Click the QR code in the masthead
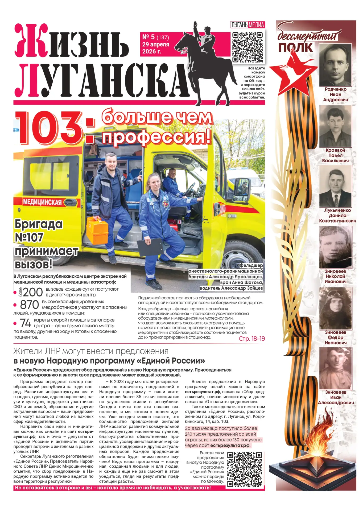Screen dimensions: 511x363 (247, 47)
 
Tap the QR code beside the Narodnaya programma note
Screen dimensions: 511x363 (245, 469)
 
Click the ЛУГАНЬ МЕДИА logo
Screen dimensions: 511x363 (247, 25)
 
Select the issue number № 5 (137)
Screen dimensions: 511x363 (155, 37)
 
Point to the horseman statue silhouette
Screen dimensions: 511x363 (205, 61)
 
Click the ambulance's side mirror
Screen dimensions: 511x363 (242, 189)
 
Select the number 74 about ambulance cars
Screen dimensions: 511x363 (26, 323)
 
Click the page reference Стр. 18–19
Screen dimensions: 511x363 (252, 339)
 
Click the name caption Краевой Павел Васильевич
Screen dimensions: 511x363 (335, 155)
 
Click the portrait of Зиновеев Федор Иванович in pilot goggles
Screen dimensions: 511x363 (335, 308)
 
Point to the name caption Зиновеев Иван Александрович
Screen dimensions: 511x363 (336, 397)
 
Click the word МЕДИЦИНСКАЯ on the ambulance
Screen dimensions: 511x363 (42, 202)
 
